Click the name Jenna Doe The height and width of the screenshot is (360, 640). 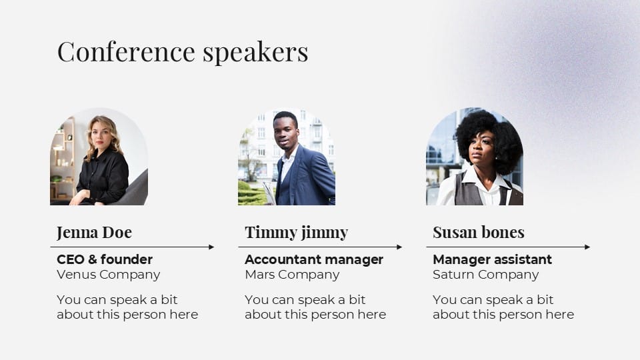(94, 232)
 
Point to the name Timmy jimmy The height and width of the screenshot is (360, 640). (296, 232)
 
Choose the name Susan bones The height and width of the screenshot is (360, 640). (478, 232)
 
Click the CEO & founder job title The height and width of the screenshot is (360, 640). (105, 259)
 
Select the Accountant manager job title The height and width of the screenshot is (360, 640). (314, 259)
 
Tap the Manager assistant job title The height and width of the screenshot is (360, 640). (492, 259)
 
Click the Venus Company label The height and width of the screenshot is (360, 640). (109, 274)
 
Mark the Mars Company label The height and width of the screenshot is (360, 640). (292, 274)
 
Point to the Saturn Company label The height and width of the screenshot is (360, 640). (485, 274)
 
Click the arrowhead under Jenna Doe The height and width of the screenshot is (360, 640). (211, 247)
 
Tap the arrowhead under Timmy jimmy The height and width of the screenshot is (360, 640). (399, 247)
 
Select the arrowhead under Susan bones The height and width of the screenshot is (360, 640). (587, 247)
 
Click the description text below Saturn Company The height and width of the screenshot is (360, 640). (503, 307)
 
